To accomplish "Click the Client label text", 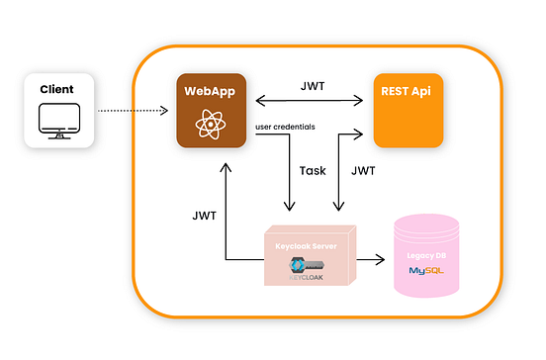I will (56, 89).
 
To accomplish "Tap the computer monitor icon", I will (56, 120).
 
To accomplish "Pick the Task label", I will (312, 170).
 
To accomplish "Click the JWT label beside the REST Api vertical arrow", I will (363, 170).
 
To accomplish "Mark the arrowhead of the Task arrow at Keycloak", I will (288, 206).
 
